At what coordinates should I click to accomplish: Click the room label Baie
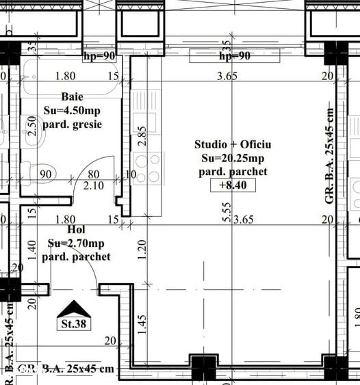coord(72,96)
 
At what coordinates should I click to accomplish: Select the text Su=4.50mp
coord(72,110)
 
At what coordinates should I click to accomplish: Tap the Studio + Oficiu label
coord(233,144)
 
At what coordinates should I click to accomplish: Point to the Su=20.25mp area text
coord(233,158)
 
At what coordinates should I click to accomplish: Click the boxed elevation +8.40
coord(233,185)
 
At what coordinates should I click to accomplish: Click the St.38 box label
coord(73,323)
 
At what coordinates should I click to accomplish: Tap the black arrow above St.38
coord(73,309)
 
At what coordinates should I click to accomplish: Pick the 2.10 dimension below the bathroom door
coord(93,185)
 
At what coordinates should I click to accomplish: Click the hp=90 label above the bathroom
coord(99,55)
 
